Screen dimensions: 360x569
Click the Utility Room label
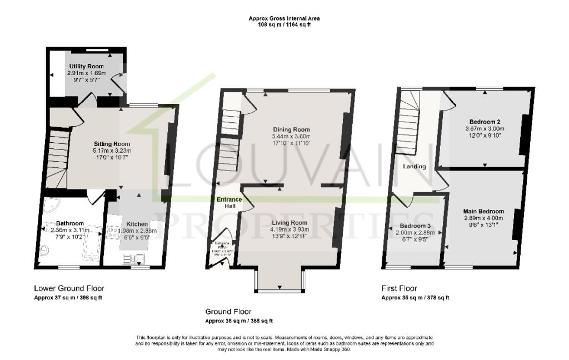[90, 67]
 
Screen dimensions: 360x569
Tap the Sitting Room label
[112, 144]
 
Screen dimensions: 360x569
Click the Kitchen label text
[136, 224]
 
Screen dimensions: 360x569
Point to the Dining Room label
[291, 129]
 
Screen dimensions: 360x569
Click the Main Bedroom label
[483, 211]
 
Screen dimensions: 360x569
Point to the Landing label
[415, 166]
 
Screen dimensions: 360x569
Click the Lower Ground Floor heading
[69, 288]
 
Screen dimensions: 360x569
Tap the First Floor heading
[399, 288]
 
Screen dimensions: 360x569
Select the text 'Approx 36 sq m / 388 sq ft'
[239, 321]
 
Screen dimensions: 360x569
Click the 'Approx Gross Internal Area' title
[284, 18]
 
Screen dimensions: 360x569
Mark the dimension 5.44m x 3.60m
[291, 137]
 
